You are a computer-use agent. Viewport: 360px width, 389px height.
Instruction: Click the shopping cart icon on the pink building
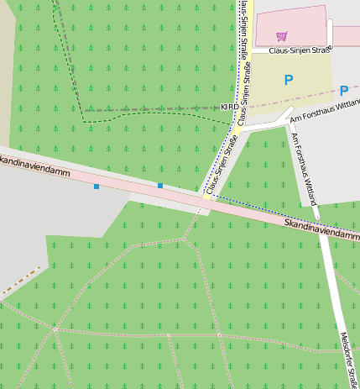tap(282, 36)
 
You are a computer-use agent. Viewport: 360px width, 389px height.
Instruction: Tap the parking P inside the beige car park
tap(289, 80)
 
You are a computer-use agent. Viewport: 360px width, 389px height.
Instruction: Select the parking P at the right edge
tap(344, 90)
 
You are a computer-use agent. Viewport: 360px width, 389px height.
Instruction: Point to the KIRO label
tap(228, 108)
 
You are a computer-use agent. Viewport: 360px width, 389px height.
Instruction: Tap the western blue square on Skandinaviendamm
tap(97, 186)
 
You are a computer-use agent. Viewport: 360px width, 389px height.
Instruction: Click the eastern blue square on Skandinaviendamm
tap(160, 185)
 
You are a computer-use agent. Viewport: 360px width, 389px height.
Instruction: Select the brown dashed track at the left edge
tap(20, 282)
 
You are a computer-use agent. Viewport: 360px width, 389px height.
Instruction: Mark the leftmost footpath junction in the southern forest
tap(55, 329)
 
